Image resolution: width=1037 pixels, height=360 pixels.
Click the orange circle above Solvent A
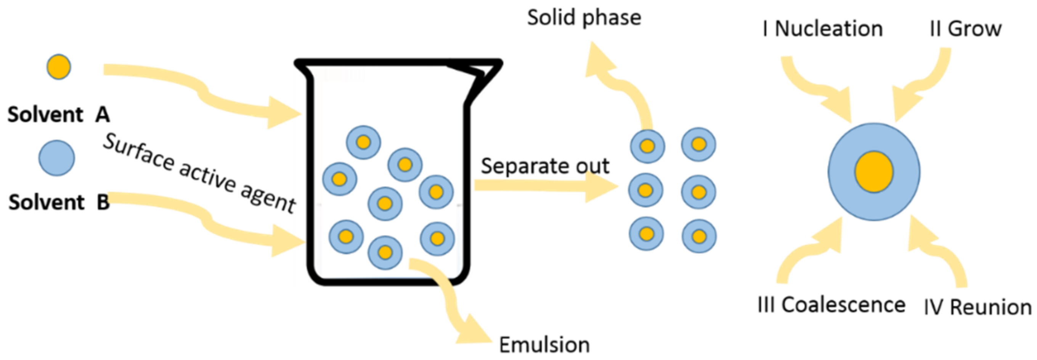click(59, 67)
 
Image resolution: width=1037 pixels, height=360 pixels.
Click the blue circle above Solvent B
click(57, 158)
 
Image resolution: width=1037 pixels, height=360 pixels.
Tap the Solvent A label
click(59, 115)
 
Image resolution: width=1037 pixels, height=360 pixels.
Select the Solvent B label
click(59, 202)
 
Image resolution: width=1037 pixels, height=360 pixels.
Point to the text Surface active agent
click(200, 173)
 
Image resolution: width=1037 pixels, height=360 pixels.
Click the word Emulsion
click(544, 345)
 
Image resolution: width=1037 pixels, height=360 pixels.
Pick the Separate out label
click(545, 166)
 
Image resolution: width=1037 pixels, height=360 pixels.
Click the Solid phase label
click(584, 18)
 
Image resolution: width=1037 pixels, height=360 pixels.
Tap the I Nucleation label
click(822, 29)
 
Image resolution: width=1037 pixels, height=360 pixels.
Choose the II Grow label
click(965, 29)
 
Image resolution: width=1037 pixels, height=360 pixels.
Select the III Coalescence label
click(831, 305)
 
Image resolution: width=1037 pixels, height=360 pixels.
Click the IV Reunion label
click(978, 307)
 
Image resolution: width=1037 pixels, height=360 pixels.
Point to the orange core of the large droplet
click(874, 172)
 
